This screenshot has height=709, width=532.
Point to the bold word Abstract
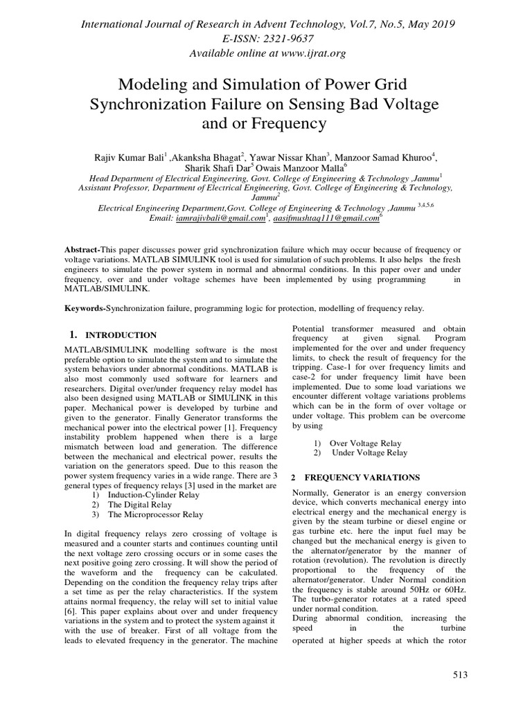point(82,249)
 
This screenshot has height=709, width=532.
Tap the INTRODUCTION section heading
point(121,335)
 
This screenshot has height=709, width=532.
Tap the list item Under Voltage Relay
point(369,452)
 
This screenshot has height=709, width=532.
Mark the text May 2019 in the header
point(427,24)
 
